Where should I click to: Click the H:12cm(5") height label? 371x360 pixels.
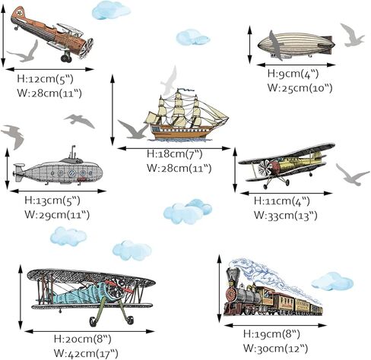point(45,79)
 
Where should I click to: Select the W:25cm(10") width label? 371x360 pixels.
point(300,88)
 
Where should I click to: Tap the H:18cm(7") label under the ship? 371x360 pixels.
point(175,154)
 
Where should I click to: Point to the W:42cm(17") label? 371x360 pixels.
point(86,353)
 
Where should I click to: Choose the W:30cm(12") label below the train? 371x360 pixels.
point(276,349)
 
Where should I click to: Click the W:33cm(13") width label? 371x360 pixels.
point(286,216)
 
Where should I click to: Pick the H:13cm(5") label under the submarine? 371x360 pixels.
point(52,201)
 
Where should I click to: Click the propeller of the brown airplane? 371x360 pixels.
point(87,48)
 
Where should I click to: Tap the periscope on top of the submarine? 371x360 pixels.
point(73,152)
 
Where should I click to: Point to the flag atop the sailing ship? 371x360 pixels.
point(185,90)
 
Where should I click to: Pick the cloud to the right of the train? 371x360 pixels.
point(332,281)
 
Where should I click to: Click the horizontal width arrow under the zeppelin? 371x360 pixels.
point(296,65)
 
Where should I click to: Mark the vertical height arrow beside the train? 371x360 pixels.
point(220,289)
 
